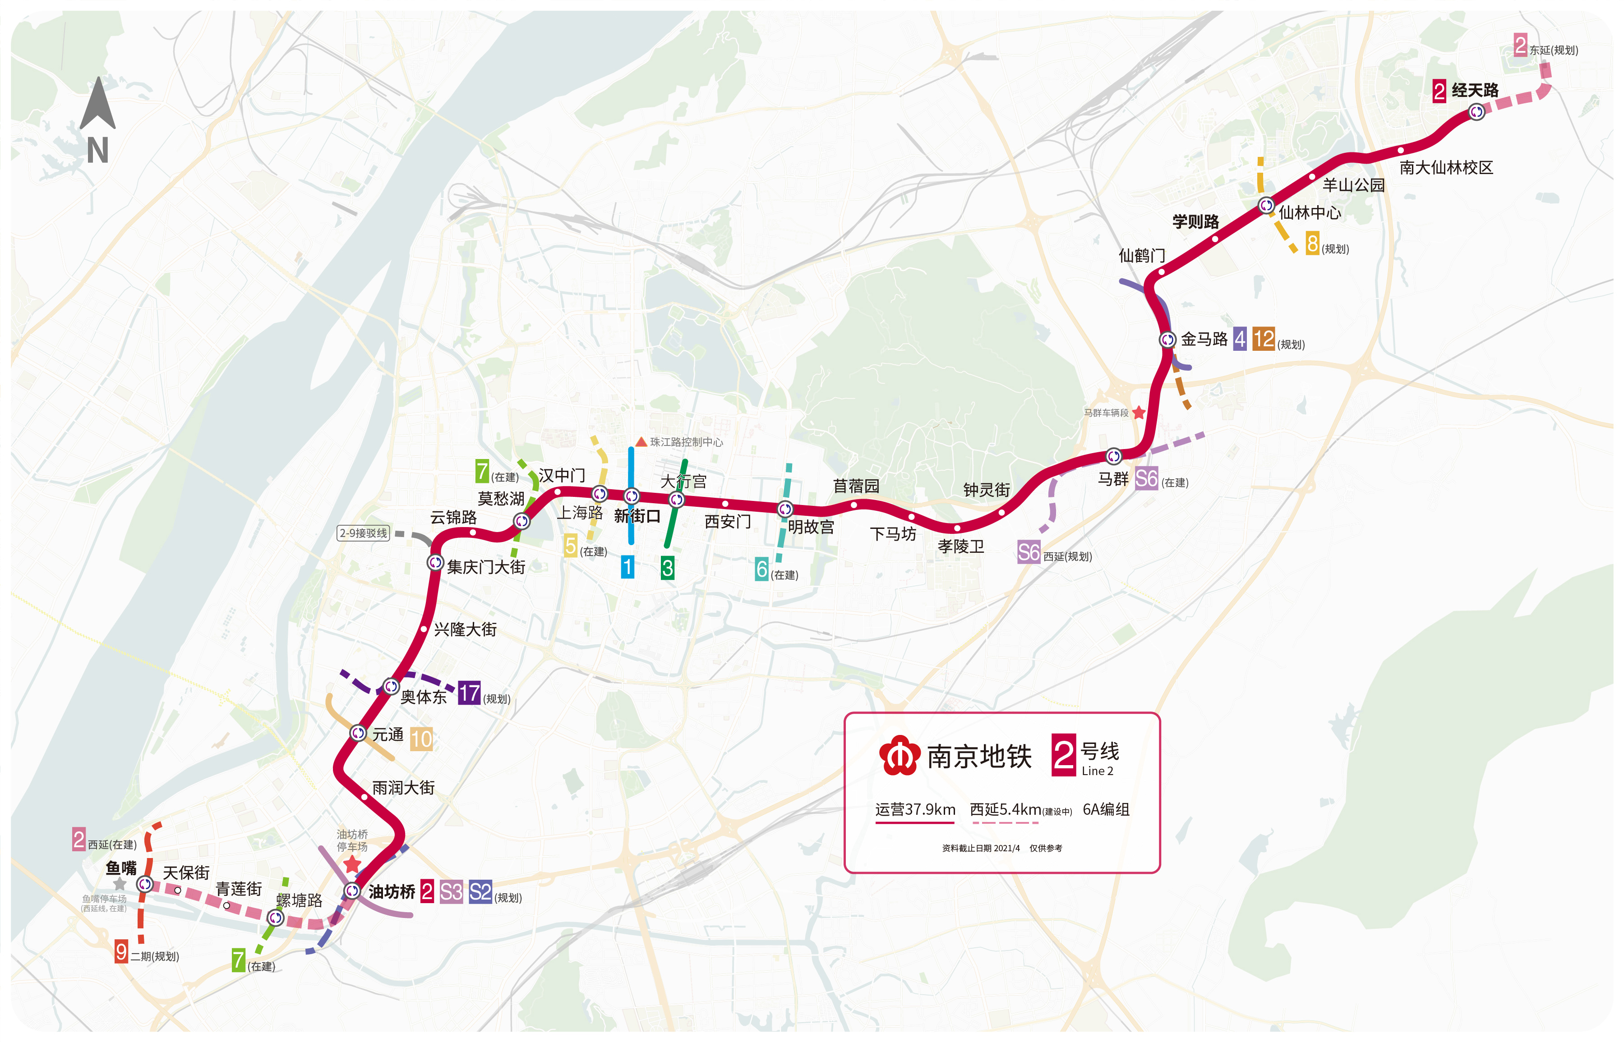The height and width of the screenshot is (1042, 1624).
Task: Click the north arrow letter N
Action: (x=97, y=150)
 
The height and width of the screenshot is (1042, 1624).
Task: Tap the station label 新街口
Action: (x=637, y=516)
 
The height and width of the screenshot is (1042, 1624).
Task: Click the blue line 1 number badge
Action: (x=627, y=567)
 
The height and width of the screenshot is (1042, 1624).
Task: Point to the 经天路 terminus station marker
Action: (x=1476, y=112)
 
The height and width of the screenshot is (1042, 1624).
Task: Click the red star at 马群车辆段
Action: (x=1139, y=412)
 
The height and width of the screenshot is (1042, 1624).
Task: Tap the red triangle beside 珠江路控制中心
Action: (x=641, y=442)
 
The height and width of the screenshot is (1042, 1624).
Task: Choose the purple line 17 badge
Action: (x=468, y=693)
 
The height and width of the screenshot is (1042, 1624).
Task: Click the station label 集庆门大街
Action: (x=485, y=567)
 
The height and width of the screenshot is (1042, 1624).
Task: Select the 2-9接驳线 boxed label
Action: (x=364, y=533)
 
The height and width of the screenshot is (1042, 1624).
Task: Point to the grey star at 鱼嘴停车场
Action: (x=120, y=884)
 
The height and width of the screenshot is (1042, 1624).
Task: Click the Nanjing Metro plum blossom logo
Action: (x=899, y=756)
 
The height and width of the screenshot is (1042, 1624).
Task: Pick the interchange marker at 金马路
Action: (x=1167, y=339)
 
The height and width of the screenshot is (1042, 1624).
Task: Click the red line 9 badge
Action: (x=121, y=951)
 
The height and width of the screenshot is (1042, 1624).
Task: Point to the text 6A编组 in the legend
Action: (x=1106, y=809)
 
